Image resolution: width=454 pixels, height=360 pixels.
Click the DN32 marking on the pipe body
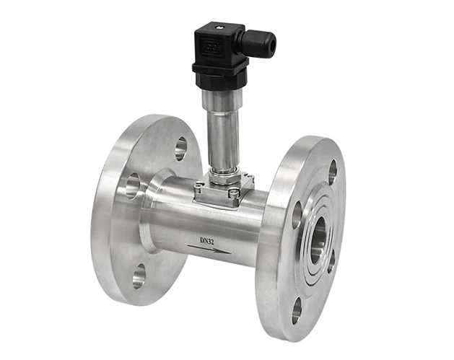click(x=207, y=241)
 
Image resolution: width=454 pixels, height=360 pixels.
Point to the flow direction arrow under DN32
click(x=209, y=250)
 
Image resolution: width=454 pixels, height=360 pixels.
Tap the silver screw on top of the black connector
click(x=219, y=27)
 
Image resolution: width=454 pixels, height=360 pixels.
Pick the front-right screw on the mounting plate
click(x=234, y=193)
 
